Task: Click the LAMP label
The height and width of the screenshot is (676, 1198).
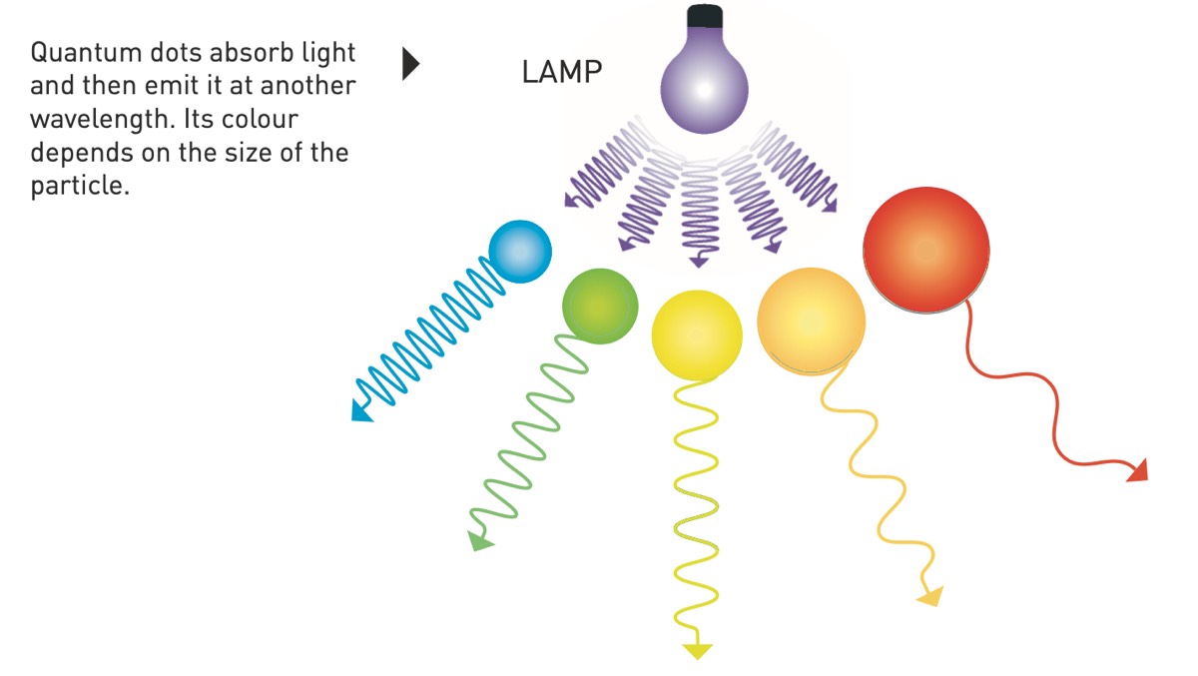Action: (562, 72)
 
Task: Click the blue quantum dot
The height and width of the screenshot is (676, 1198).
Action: (519, 251)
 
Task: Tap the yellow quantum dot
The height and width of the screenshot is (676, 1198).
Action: (697, 335)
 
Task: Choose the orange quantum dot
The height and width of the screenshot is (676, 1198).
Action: (811, 321)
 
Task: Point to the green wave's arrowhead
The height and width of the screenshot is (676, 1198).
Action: (479, 542)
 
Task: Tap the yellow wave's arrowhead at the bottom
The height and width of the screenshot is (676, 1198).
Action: (697, 651)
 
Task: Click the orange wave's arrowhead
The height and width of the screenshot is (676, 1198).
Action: (929, 597)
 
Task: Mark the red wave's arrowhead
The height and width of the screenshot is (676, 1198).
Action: (1137, 470)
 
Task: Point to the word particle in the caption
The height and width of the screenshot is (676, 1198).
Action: (80, 187)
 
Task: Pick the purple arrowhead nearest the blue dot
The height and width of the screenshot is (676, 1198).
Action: (572, 201)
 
